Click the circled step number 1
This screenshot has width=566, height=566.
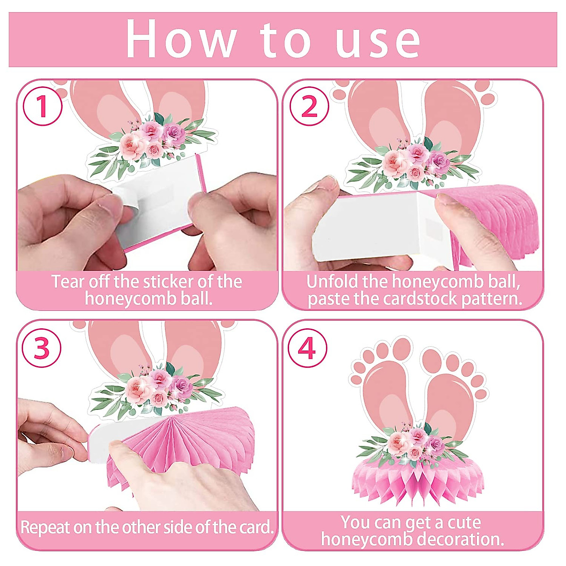(42, 107)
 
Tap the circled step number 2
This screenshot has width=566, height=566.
(309, 107)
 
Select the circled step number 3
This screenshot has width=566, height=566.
(42, 349)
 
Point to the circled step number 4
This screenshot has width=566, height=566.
(308, 349)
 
